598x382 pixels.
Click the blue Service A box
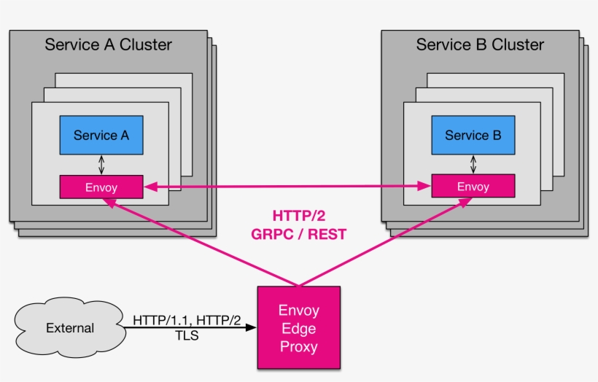101,135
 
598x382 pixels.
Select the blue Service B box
473,135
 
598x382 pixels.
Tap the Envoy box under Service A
101,187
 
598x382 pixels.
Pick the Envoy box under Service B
473,187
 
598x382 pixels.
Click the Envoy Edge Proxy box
298,327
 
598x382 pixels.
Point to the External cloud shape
70,327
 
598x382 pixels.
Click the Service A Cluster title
108,44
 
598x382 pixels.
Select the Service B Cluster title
480,44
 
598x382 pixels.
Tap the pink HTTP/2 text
298,216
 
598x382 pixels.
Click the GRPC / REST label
298,234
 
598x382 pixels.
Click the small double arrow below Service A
101,165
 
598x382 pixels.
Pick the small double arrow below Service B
473,165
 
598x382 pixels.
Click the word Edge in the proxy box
298,328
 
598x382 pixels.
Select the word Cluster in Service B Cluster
517,44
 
